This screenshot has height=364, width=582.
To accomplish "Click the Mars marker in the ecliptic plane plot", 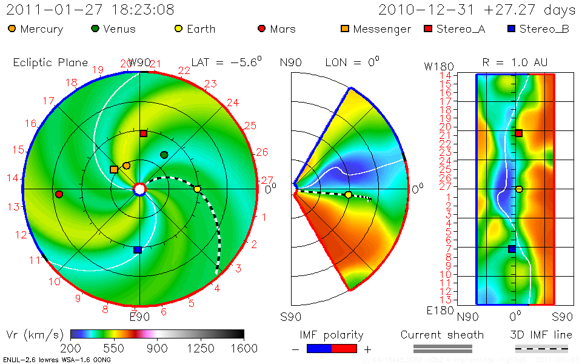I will click(59, 194).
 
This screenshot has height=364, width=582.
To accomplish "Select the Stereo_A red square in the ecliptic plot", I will click(144, 133).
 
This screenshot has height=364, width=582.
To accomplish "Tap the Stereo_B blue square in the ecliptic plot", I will click(138, 249).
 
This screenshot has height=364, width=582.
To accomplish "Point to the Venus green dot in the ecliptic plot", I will click(164, 155).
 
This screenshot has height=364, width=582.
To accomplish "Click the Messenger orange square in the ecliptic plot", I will click(114, 169).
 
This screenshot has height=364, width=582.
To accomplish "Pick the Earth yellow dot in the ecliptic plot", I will click(197, 189).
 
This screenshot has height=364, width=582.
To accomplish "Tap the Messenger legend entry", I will click(375, 29).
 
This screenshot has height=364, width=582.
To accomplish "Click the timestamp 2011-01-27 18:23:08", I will click(90, 10).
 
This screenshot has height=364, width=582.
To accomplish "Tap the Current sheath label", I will click(442, 335).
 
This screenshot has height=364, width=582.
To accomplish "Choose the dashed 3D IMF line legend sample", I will click(541, 349).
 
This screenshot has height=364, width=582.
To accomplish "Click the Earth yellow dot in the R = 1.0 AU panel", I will click(519, 189).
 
